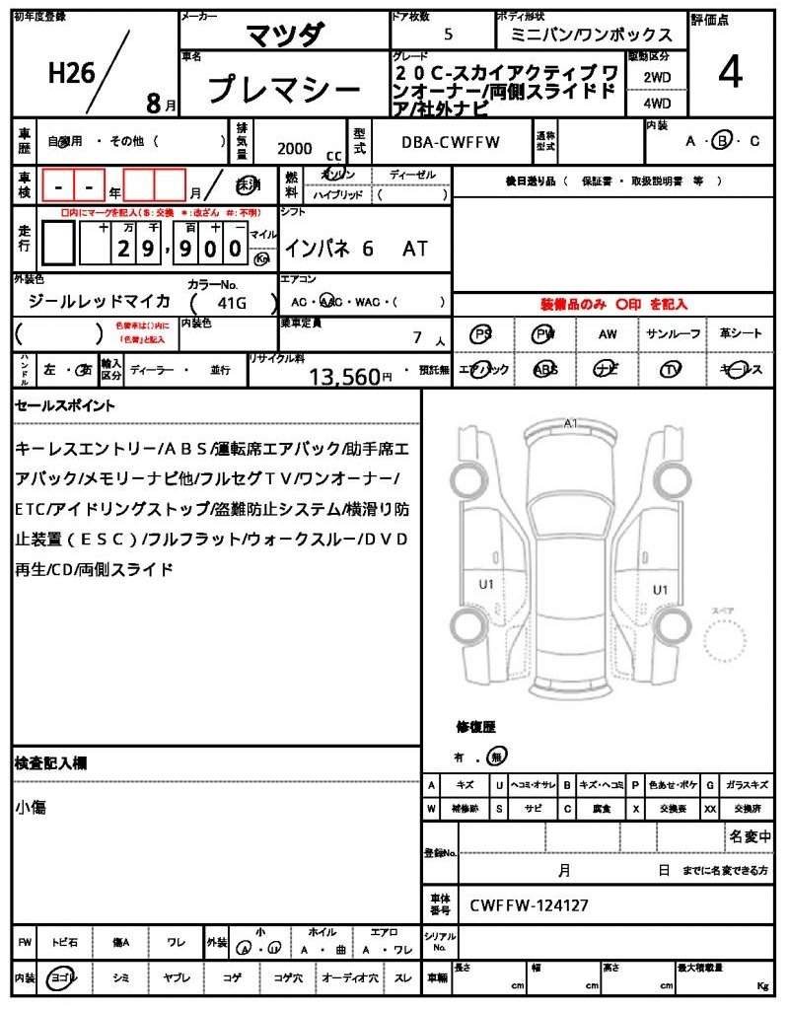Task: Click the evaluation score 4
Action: point(730,74)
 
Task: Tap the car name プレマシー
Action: point(283,91)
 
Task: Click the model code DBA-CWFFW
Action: point(451,143)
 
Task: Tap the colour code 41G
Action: point(230,301)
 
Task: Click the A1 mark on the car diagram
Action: point(570,423)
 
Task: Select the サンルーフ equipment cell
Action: point(674,334)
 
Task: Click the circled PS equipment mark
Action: point(481,334)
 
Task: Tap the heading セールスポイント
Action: point(65,405)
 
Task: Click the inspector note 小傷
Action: point(31,808)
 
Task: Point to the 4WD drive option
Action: point(657,102)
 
